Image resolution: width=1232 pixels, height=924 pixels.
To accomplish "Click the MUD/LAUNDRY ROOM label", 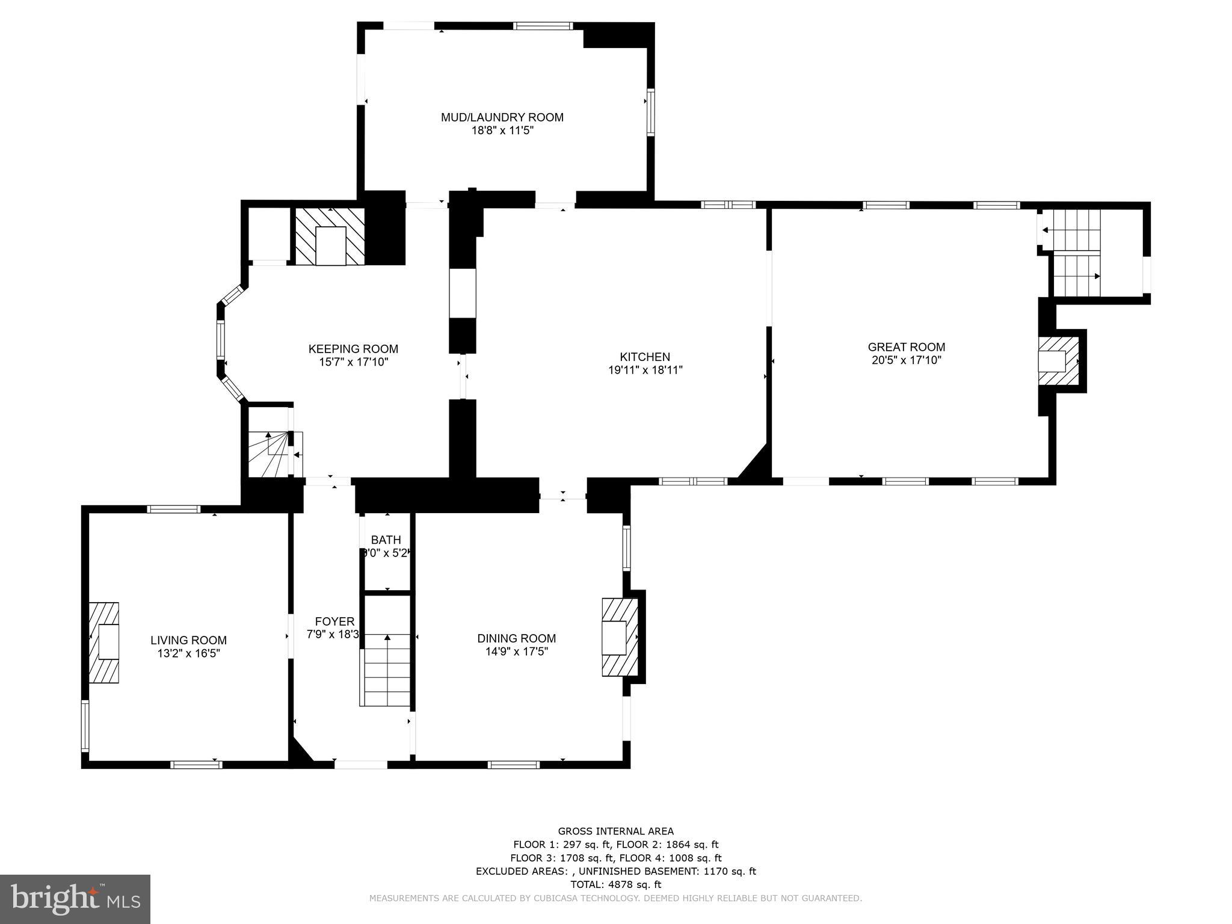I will click(502, 117).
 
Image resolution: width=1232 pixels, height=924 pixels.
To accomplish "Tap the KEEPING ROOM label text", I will click(353, 349).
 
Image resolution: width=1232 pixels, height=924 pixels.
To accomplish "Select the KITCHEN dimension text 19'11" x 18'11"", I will click(645, 371).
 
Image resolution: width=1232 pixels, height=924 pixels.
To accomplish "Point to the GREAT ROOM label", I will click(906, 347).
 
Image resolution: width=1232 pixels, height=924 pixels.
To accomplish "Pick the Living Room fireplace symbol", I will click(105, 642).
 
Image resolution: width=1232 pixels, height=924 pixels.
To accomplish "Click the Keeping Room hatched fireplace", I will click(330, 237).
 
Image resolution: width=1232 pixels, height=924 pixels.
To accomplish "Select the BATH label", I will click(386, 540).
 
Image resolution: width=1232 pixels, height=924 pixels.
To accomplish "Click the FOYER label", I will click(334, 621).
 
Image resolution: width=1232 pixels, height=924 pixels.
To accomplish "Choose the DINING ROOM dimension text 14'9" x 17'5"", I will click(516, 651).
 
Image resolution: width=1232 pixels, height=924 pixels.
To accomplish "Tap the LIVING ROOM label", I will click(188, 641).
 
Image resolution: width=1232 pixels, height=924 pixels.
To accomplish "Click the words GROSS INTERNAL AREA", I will click(615, 831).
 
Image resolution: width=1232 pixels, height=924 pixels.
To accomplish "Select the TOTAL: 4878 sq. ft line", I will click(615, 884).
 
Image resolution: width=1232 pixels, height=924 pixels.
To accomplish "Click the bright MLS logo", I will click(75, 899).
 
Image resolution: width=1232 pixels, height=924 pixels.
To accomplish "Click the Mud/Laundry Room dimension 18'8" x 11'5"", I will click(502, 131).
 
